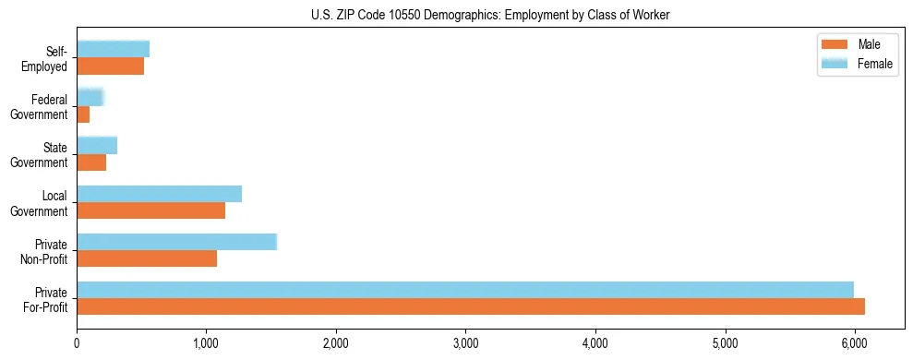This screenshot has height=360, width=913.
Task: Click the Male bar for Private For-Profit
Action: [471, 306]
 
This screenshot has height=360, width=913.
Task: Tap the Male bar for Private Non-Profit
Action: [147, 258]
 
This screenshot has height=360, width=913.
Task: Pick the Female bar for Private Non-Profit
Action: [176, 242]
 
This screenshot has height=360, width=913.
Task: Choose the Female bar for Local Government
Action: [159, 194]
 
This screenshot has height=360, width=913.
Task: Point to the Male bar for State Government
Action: [91, 162]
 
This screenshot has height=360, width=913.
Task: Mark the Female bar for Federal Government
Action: [90, 98]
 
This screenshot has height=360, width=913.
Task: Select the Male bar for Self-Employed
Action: [110, 66]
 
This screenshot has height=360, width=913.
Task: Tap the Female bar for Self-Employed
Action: [113, 50]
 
